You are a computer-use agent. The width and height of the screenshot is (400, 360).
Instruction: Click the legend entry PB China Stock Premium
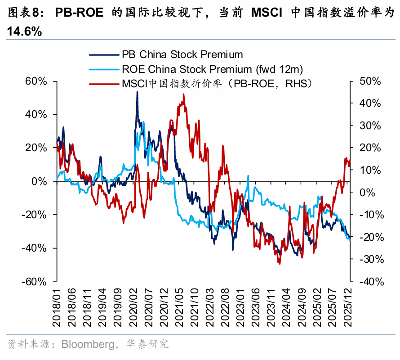click(x=182, y=54)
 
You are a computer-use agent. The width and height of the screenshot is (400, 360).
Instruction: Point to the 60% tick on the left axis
click(x=36, y=81)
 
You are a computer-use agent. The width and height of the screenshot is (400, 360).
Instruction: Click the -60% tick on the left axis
click(x=35, y=281)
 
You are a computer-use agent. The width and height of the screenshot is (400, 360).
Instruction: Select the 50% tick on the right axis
click(x=370, y=81)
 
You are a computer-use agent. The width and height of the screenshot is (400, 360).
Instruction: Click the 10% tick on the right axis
click(x=370, y=170)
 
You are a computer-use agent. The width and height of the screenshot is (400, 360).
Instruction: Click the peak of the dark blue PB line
click(x=137, y=92)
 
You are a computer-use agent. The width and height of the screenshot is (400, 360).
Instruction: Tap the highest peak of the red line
click(x=183, y=94)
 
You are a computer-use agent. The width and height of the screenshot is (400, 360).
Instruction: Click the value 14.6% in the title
click(x=24, y=31)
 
